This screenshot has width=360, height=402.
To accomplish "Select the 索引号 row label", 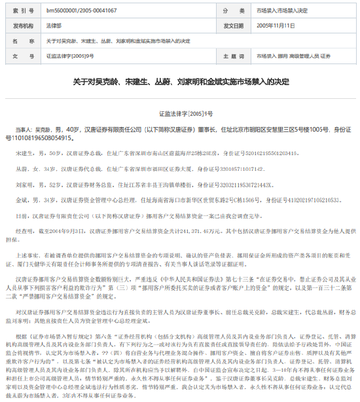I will (22, 11).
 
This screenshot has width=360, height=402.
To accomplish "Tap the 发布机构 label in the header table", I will (22, 26).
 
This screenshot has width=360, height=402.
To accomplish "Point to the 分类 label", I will (233, 11).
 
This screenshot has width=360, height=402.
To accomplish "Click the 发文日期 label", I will (233, 26).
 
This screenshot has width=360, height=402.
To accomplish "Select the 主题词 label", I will (233, 56).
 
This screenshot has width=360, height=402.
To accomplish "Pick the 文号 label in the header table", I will (22, 56).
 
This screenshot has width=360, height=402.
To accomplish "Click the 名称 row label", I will (22, 41).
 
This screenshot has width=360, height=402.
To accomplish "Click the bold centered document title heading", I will (179, 83).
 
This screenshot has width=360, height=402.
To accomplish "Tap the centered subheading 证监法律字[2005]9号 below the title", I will (179, 113).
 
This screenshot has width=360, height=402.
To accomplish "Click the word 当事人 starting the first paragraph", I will (24, 130).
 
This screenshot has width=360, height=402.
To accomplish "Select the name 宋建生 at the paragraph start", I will (24, 152).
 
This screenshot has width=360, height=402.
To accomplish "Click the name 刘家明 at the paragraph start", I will (24, 184).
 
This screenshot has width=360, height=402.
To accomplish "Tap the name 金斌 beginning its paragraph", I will (21, 200).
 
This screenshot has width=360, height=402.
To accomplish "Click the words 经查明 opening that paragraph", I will (24, 231).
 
